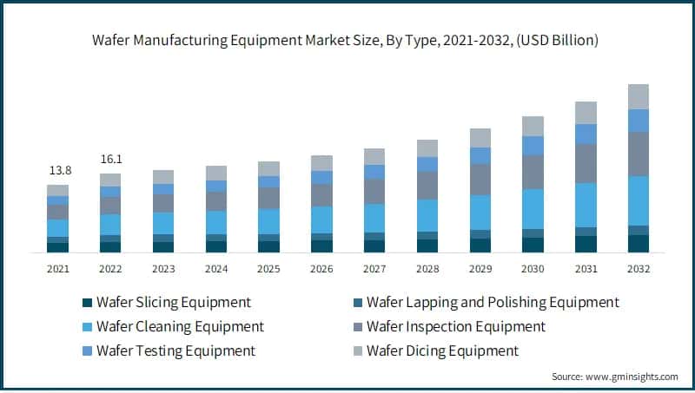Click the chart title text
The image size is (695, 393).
[347, 40]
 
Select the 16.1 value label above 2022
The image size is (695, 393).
[110, 160]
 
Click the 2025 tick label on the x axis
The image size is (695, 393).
[268, 269]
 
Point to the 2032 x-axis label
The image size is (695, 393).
[639, 269]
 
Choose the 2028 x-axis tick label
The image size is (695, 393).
[427, 269]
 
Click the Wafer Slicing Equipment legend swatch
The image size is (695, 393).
[86, 303]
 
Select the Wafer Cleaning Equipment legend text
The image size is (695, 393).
[180, 327]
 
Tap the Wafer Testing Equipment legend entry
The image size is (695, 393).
[175, 351]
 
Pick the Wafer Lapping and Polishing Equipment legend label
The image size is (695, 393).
[493, 303]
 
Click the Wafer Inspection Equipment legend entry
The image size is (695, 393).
[455, 327]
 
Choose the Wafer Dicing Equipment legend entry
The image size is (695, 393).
[442, 351]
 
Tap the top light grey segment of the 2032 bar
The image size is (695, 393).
[639, 96]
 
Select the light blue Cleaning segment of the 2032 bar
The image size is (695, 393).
[639, 200]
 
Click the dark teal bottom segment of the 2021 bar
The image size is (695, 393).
[57, 247]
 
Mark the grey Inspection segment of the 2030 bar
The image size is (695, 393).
[533, 172]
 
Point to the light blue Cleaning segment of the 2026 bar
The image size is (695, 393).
[321, 219]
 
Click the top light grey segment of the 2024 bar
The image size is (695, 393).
[215, 173]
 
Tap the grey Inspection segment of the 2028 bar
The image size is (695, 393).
[427, 185]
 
